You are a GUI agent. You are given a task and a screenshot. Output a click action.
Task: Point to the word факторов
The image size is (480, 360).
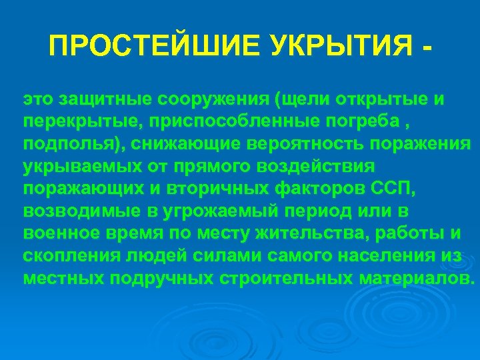click(322, 189)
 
